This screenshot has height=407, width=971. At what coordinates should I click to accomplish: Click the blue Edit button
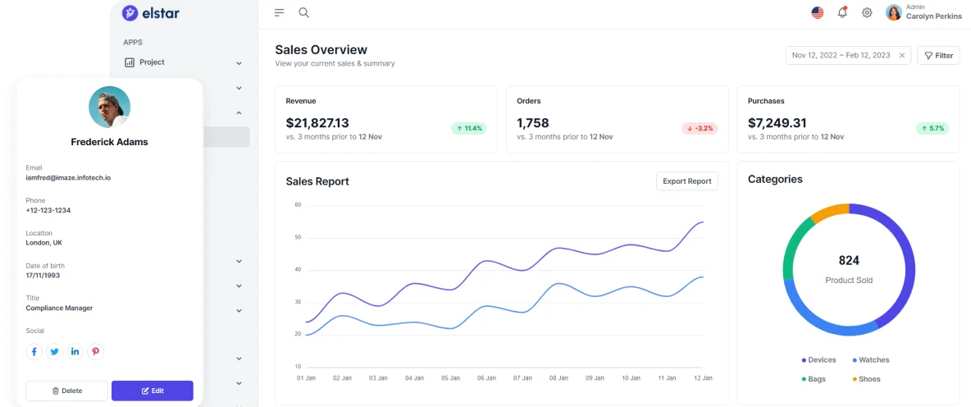click(153, 391)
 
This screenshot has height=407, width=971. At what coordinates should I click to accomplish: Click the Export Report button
click(686, 181)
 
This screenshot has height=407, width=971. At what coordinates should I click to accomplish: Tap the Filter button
click(938, 56)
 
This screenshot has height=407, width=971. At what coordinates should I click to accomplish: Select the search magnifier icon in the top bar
click(303, 12)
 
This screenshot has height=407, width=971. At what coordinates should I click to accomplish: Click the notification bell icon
click(842, 12)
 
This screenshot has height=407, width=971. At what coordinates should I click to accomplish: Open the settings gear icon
click(867, 12)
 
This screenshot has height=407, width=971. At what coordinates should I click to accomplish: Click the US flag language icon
click(818, 12)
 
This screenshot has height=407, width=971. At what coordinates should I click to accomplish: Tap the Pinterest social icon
click(96, 352)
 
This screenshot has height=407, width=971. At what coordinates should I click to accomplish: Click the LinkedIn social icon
click(75, 352)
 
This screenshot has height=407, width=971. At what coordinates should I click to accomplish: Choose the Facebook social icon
click(34, 352)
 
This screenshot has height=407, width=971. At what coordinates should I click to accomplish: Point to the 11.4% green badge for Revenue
click(468, 128)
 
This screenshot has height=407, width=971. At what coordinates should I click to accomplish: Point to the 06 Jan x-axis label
click(486, 378)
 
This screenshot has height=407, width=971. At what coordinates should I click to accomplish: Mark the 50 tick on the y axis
click(298, 237)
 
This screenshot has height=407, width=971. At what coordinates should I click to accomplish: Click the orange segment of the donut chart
click(828, 213)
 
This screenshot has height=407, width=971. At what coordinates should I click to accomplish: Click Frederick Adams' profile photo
click(109, 107)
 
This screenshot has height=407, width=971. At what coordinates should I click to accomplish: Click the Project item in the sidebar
click(152, 62)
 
